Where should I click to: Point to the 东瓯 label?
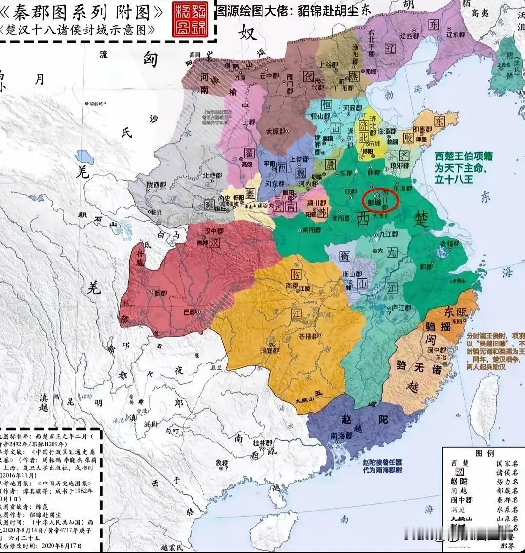455,311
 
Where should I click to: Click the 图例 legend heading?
484,453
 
